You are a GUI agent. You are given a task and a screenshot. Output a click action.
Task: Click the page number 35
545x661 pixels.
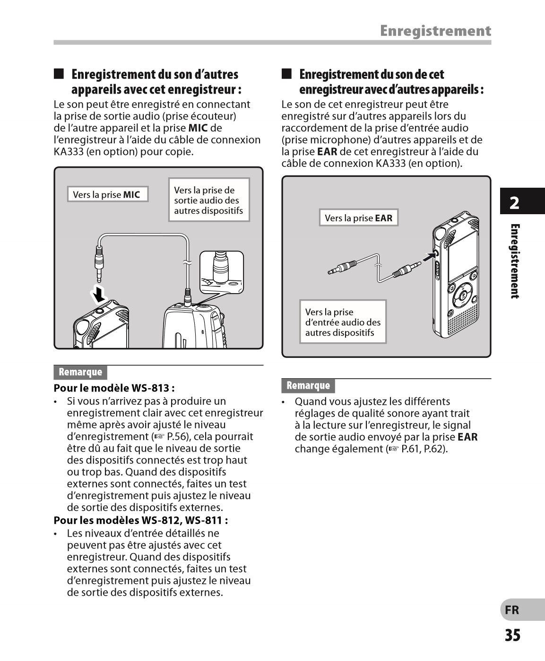tap(512, 635)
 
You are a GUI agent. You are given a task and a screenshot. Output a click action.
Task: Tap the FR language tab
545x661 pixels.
tap(512, 610)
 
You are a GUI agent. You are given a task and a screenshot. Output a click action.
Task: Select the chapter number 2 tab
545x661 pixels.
tap(515, 203)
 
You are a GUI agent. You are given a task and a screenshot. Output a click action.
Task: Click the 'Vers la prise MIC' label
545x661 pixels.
tap(107, 194)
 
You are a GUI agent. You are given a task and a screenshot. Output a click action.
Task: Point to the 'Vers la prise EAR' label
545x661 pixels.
tap(358, 218)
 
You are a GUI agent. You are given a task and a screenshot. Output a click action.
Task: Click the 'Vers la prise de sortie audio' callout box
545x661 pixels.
tap(208, 200)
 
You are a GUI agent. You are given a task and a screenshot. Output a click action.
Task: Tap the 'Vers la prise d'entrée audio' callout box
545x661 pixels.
tap(343, 322)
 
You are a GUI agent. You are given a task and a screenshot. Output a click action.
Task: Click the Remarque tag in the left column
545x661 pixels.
tap(80, 372)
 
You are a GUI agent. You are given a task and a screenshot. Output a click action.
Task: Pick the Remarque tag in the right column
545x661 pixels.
tap(308, 386)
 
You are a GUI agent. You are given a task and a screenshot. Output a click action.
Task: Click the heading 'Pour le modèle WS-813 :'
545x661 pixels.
tap(114, 388)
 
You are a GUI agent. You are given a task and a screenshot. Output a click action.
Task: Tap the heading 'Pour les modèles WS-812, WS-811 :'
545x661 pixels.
tap(141, 521)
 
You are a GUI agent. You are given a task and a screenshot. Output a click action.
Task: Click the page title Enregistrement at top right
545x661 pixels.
tap(435, 31)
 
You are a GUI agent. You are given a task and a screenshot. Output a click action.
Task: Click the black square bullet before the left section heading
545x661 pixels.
tap(59, 74)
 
